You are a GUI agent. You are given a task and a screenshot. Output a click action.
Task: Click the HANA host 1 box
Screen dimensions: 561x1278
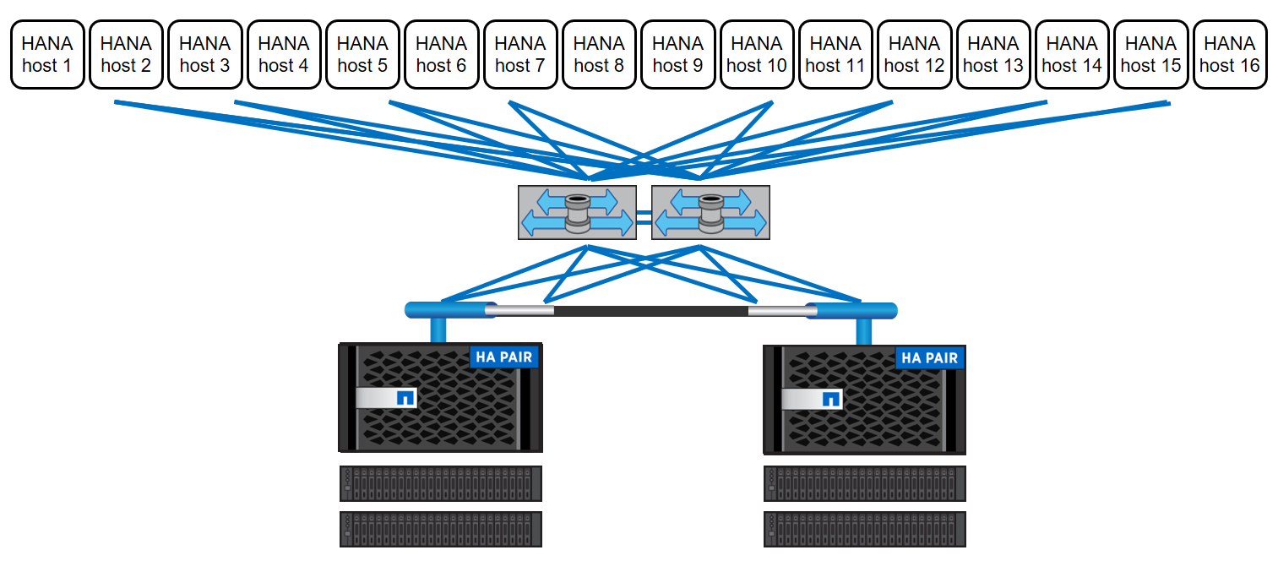click(47, 54)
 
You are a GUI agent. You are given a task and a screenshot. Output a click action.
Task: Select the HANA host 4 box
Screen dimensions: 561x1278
click(284, 54)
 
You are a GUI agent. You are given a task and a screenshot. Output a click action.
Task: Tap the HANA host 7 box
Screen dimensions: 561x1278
click(520, 54)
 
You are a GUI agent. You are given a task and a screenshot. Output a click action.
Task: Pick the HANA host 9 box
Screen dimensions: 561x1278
click(677, 54)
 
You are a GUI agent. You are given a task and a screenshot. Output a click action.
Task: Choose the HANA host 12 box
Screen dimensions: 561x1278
click(914, 54)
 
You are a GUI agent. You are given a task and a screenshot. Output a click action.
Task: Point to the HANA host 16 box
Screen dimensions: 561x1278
click(1230, 54)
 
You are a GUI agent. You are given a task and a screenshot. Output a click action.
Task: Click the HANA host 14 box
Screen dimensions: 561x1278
click(1072, 54)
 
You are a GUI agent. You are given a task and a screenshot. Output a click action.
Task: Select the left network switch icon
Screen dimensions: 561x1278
click(577, 211)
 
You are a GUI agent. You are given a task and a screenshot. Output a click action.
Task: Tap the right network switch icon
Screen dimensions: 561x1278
click(710, 211)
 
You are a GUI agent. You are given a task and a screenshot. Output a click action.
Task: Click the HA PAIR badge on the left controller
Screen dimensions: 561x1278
click(504, 357)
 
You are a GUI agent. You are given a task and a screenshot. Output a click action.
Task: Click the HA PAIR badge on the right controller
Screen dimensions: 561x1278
click(930, 357)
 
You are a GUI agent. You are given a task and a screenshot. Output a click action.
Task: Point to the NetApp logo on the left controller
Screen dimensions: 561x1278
click(405, 398)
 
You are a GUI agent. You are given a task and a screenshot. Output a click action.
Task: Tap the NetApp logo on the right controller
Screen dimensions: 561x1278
click(831, 399)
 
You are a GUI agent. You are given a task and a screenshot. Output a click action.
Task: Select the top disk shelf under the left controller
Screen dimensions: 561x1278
click(440, 483)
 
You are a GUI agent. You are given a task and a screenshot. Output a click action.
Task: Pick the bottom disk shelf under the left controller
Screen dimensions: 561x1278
click(440, 529)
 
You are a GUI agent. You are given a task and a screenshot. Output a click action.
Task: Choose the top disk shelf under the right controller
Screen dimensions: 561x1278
click(864, 483)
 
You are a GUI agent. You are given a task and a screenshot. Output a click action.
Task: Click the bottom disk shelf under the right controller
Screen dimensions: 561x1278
click(864, 529)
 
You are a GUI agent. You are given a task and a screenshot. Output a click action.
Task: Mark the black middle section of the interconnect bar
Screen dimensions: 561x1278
click(650, 311)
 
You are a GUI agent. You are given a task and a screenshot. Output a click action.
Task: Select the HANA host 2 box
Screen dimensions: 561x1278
click(126, 54)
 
